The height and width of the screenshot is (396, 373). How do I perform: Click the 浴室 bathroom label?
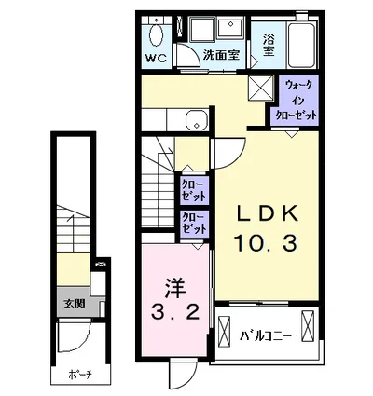click(269, 41)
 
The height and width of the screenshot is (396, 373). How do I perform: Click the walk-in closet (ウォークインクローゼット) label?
click(294, 100)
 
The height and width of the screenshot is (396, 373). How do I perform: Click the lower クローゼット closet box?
click(195, 224)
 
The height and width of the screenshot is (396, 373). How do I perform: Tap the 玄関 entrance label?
click(74, 303)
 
